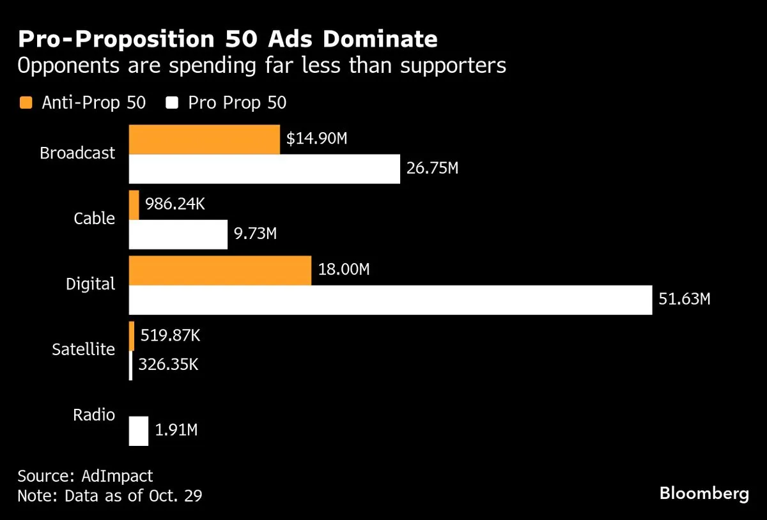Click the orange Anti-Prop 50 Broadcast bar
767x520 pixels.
[205, 139]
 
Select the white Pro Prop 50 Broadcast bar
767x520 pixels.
[265, 169]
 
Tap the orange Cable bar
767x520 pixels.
[134, 205]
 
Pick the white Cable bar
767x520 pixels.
[178, 234]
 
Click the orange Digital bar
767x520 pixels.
[220, 271]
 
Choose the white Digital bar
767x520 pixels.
[391, 300]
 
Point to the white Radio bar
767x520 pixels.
[139, 431]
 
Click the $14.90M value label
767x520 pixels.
[316, 139]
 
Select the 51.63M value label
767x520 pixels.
[685, 299]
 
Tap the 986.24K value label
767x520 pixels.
[175, 204]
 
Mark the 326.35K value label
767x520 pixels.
[168, 365]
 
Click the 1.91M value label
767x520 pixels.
[176, 431]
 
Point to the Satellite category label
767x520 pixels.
[83, 349]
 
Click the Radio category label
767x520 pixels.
[94, 415]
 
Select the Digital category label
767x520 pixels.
[91, 284]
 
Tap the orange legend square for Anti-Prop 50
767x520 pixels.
[26, 102]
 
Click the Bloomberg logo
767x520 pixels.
[704, 493]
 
